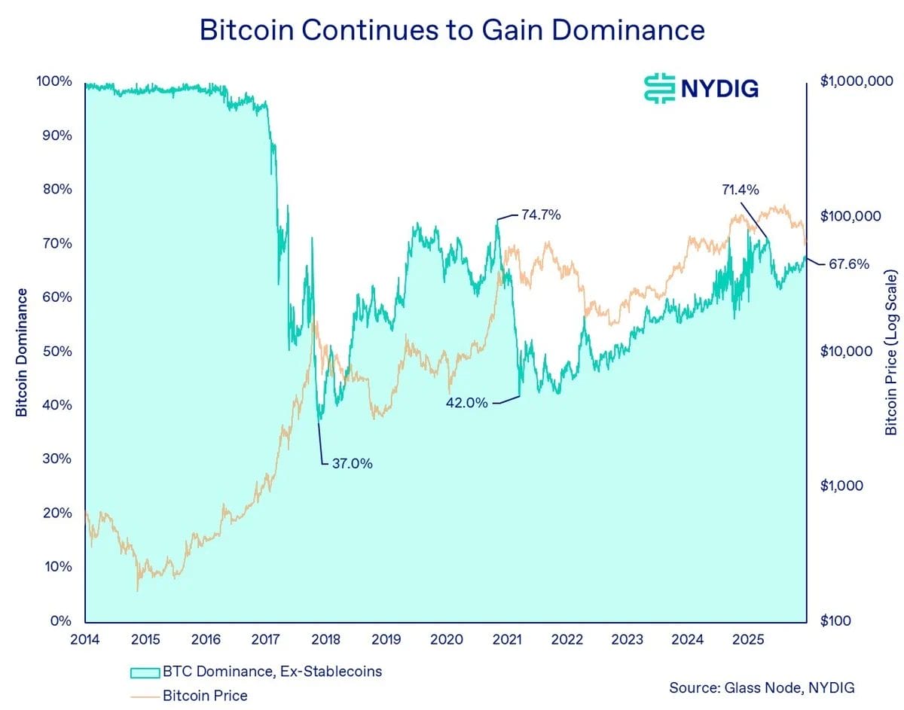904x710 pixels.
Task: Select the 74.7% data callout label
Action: tap(541, 215)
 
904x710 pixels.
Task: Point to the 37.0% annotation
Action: tap(352, 464)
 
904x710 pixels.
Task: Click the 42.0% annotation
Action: tap(467, 403)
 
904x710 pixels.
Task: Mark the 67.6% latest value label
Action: tap(849, 264)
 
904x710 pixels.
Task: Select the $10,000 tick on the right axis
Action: tap(846, 351)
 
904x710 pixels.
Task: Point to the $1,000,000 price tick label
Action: tap(857, 81)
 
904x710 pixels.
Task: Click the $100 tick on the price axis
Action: tap(835, 620)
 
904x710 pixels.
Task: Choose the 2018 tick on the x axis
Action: tap(326, 640)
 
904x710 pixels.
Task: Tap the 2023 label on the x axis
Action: tap(627, 640)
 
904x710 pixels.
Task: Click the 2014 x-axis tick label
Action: tap(86, 640)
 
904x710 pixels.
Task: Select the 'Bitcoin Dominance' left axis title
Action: tap(22, 352)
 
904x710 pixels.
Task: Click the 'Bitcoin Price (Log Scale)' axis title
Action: tap(891, 352)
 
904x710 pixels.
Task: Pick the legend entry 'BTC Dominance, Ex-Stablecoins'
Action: tap(272, 671)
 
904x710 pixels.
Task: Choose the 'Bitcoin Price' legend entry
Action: tap(204, 695)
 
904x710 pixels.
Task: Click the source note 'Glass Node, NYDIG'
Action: tap(762, 687)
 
